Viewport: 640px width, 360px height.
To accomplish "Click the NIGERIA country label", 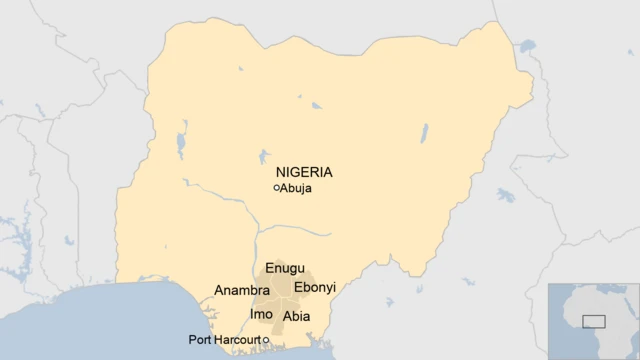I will click(304, 171).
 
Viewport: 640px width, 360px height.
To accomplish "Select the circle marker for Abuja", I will click(276, 188).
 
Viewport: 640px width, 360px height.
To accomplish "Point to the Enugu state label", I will click(285, 269).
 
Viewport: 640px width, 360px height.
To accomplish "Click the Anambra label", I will click(242, 291).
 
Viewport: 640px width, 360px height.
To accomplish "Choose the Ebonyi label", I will click(314, 288).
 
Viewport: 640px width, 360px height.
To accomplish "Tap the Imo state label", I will click(261, 314).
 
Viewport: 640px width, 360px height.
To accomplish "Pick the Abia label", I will click(297, 316).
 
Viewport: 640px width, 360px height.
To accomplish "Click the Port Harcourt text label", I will click(224, 340).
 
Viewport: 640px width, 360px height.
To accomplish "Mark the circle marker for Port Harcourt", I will click(266, 340).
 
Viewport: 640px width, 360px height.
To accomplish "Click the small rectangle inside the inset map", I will click(594, 321).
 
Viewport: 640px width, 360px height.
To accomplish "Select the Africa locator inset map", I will click(594, 321).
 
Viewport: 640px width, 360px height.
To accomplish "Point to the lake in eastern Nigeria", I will click(424, 133).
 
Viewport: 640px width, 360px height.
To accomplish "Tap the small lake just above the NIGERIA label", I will click(264, 157).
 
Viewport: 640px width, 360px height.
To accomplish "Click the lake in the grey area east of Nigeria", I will click(505, 194).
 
